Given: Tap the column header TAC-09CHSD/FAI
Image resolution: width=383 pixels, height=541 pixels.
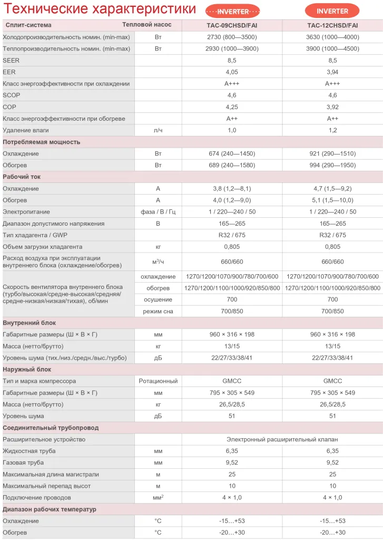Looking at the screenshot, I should point(232,25).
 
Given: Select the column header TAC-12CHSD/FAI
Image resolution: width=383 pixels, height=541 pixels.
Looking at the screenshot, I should point(332,25).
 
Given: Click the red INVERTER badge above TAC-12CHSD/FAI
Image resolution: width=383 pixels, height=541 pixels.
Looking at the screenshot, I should point(332,11).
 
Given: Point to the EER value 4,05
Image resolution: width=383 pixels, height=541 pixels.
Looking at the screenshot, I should point(232,72).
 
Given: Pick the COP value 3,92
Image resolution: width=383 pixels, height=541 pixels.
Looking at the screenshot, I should point(332,107).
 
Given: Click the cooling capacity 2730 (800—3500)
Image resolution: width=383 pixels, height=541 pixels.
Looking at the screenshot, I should point(232,37).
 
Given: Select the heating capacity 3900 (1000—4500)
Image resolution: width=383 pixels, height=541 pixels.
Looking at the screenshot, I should point(332,49).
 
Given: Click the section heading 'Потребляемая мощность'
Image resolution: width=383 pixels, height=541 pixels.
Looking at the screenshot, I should point(42,142).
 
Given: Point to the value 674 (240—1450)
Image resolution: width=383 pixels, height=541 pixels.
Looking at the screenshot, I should point(232,153).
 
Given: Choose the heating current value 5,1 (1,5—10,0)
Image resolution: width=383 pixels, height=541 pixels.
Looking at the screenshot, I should point(332,200).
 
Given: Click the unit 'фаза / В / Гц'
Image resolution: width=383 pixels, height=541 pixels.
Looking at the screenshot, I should point(158,212).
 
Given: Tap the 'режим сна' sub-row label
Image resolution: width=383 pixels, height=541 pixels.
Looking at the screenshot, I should point(158,311).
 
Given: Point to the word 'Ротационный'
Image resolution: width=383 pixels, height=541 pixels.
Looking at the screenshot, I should point(158,381).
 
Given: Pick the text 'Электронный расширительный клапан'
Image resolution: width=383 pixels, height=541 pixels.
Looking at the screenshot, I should point(282,439).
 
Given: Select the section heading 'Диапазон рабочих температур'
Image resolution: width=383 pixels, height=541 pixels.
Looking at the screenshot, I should point(50,509).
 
